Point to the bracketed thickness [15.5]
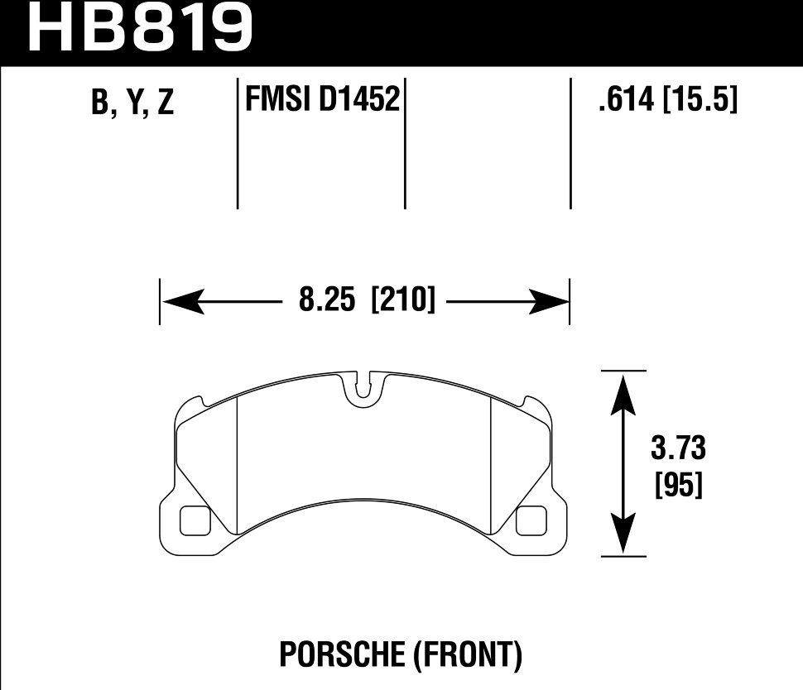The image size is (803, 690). click(x=700, y=101)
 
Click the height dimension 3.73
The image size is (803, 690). click(x=677, y=450)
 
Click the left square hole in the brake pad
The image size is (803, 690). click(x=195, y=520)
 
